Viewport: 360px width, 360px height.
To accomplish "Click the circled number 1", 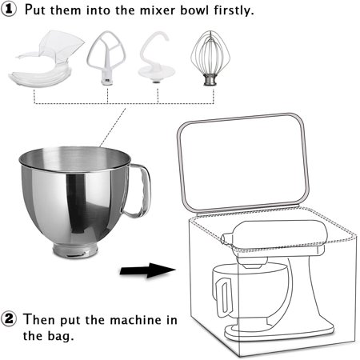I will [10, 11].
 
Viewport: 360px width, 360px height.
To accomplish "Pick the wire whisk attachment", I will [211, 56].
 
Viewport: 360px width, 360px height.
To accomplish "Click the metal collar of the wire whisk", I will [211, 81].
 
